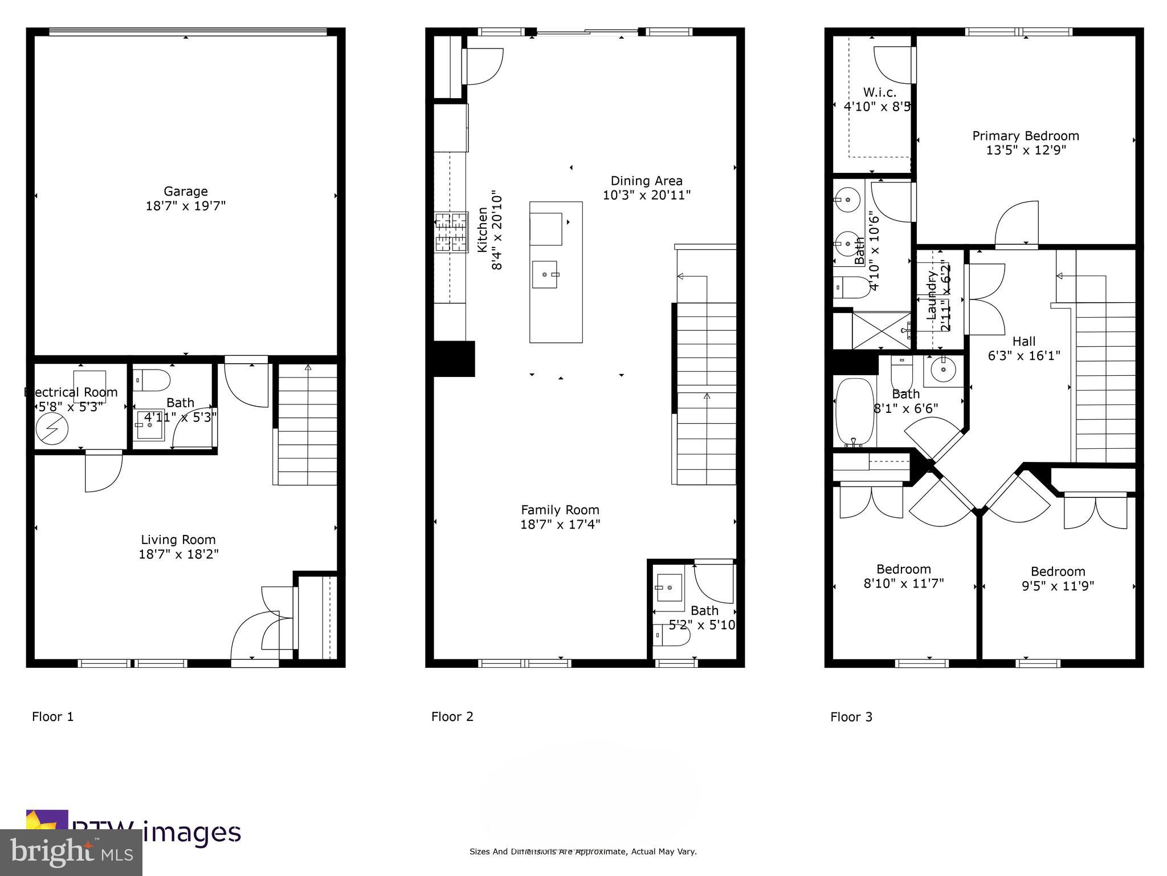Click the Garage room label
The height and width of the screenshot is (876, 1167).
pyautogui.click(x=186, y=192)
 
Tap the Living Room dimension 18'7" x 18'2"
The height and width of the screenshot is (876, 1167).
pyautogui.click(x=178, y=554)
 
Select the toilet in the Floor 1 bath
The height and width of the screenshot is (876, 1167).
pyautogui.click(x=152, y=380)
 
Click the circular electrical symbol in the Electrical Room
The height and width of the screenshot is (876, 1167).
pyautogui.click(x=52, y=429)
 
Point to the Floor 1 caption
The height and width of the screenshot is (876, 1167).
pyautogui.click(x=52, y=717)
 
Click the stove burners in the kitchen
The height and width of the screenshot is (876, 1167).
pyautogui.click(x=451, y=232)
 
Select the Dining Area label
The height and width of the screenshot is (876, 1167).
pyautogui.click(x=646, y=181)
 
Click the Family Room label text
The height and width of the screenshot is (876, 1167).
pyautogui.click(x=560, y=510)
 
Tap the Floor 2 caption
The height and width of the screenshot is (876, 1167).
pyautogui.click(x=452, y=717)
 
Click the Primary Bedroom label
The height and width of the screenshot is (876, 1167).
pyautogui.click(x=1025, y=136)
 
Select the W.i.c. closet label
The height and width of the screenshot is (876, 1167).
pyautogui.click(x=879, y=92)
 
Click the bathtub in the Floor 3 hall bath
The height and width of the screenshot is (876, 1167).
pyautogui.click(x=854, y=412)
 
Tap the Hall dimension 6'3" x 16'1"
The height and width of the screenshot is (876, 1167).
pyautogui.click(x=1023, y=356)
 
